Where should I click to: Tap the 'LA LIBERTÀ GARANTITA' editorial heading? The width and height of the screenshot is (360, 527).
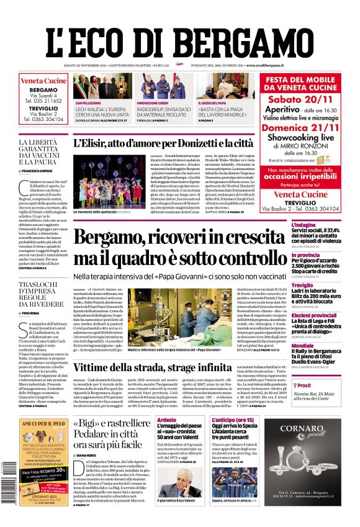(41, 153)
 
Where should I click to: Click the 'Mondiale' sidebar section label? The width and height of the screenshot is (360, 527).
(303, 345)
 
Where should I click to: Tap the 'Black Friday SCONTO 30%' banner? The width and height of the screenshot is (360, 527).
(41, 472)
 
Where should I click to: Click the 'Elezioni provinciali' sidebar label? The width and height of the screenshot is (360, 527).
(314, 315)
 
